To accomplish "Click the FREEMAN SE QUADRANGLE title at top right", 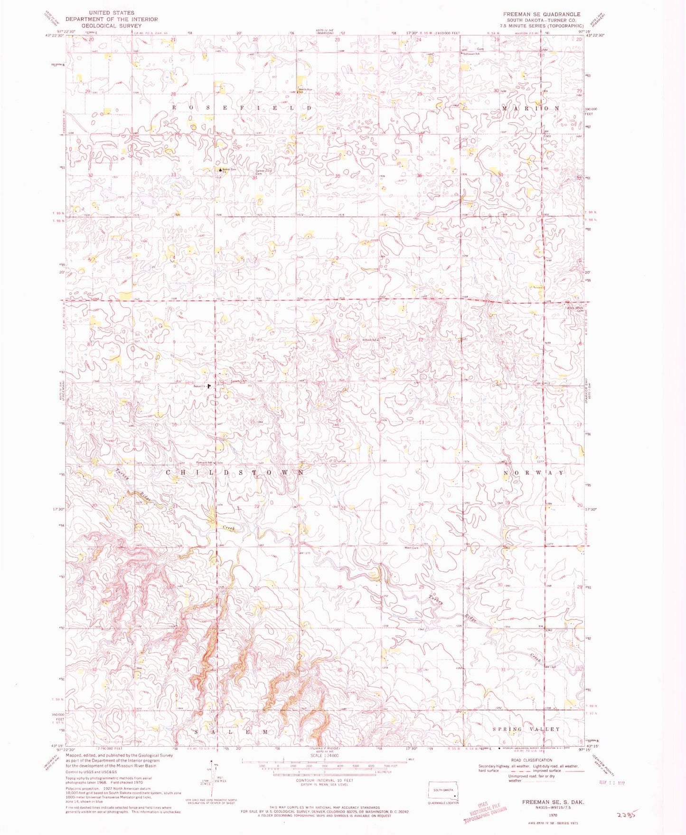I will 541,14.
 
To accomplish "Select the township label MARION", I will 531,109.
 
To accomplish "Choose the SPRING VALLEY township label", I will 526,729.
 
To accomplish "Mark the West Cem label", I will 411,548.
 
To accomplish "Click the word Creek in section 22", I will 229,528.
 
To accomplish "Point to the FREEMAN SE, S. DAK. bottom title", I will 553,802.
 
